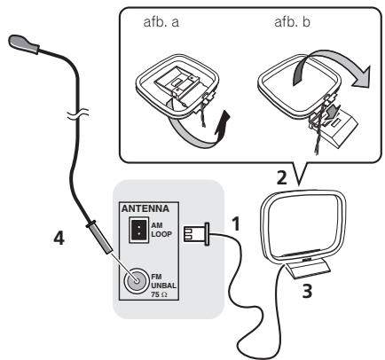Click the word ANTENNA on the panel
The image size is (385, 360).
pos(145,208)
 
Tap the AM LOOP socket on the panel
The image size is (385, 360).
pos(138,230)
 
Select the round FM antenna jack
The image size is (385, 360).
pos(136,280)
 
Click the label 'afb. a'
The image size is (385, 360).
pos(161,22)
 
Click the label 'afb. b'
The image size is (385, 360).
pos(292,22)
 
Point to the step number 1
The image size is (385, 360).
pos(236,223)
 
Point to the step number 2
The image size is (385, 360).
pos(281,178)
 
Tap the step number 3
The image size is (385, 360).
pos(307,291)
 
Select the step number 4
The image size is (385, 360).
pos(59,238)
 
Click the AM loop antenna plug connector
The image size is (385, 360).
pos(197,234)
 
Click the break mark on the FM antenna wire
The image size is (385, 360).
pos(78,113)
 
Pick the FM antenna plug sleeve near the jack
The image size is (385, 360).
pos(99,238)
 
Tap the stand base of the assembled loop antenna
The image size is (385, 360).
pos(308,269)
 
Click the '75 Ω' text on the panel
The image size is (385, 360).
pos(159,294)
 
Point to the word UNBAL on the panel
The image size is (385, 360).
pos(163,286)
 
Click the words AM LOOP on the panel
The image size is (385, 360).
pos(161,230)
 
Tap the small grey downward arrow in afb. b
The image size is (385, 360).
pos(332,113)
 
